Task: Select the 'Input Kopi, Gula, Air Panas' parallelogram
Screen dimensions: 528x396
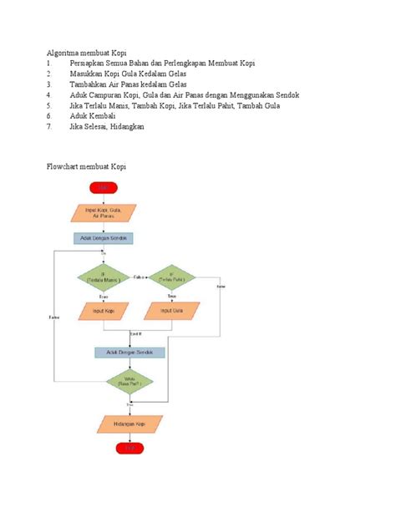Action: tap(103, 212)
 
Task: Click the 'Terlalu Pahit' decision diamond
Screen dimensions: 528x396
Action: tap(172, 277)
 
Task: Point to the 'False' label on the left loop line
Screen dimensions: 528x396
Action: tap(54, 317)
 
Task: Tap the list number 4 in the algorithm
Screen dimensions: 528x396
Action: tap(50, 95)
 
